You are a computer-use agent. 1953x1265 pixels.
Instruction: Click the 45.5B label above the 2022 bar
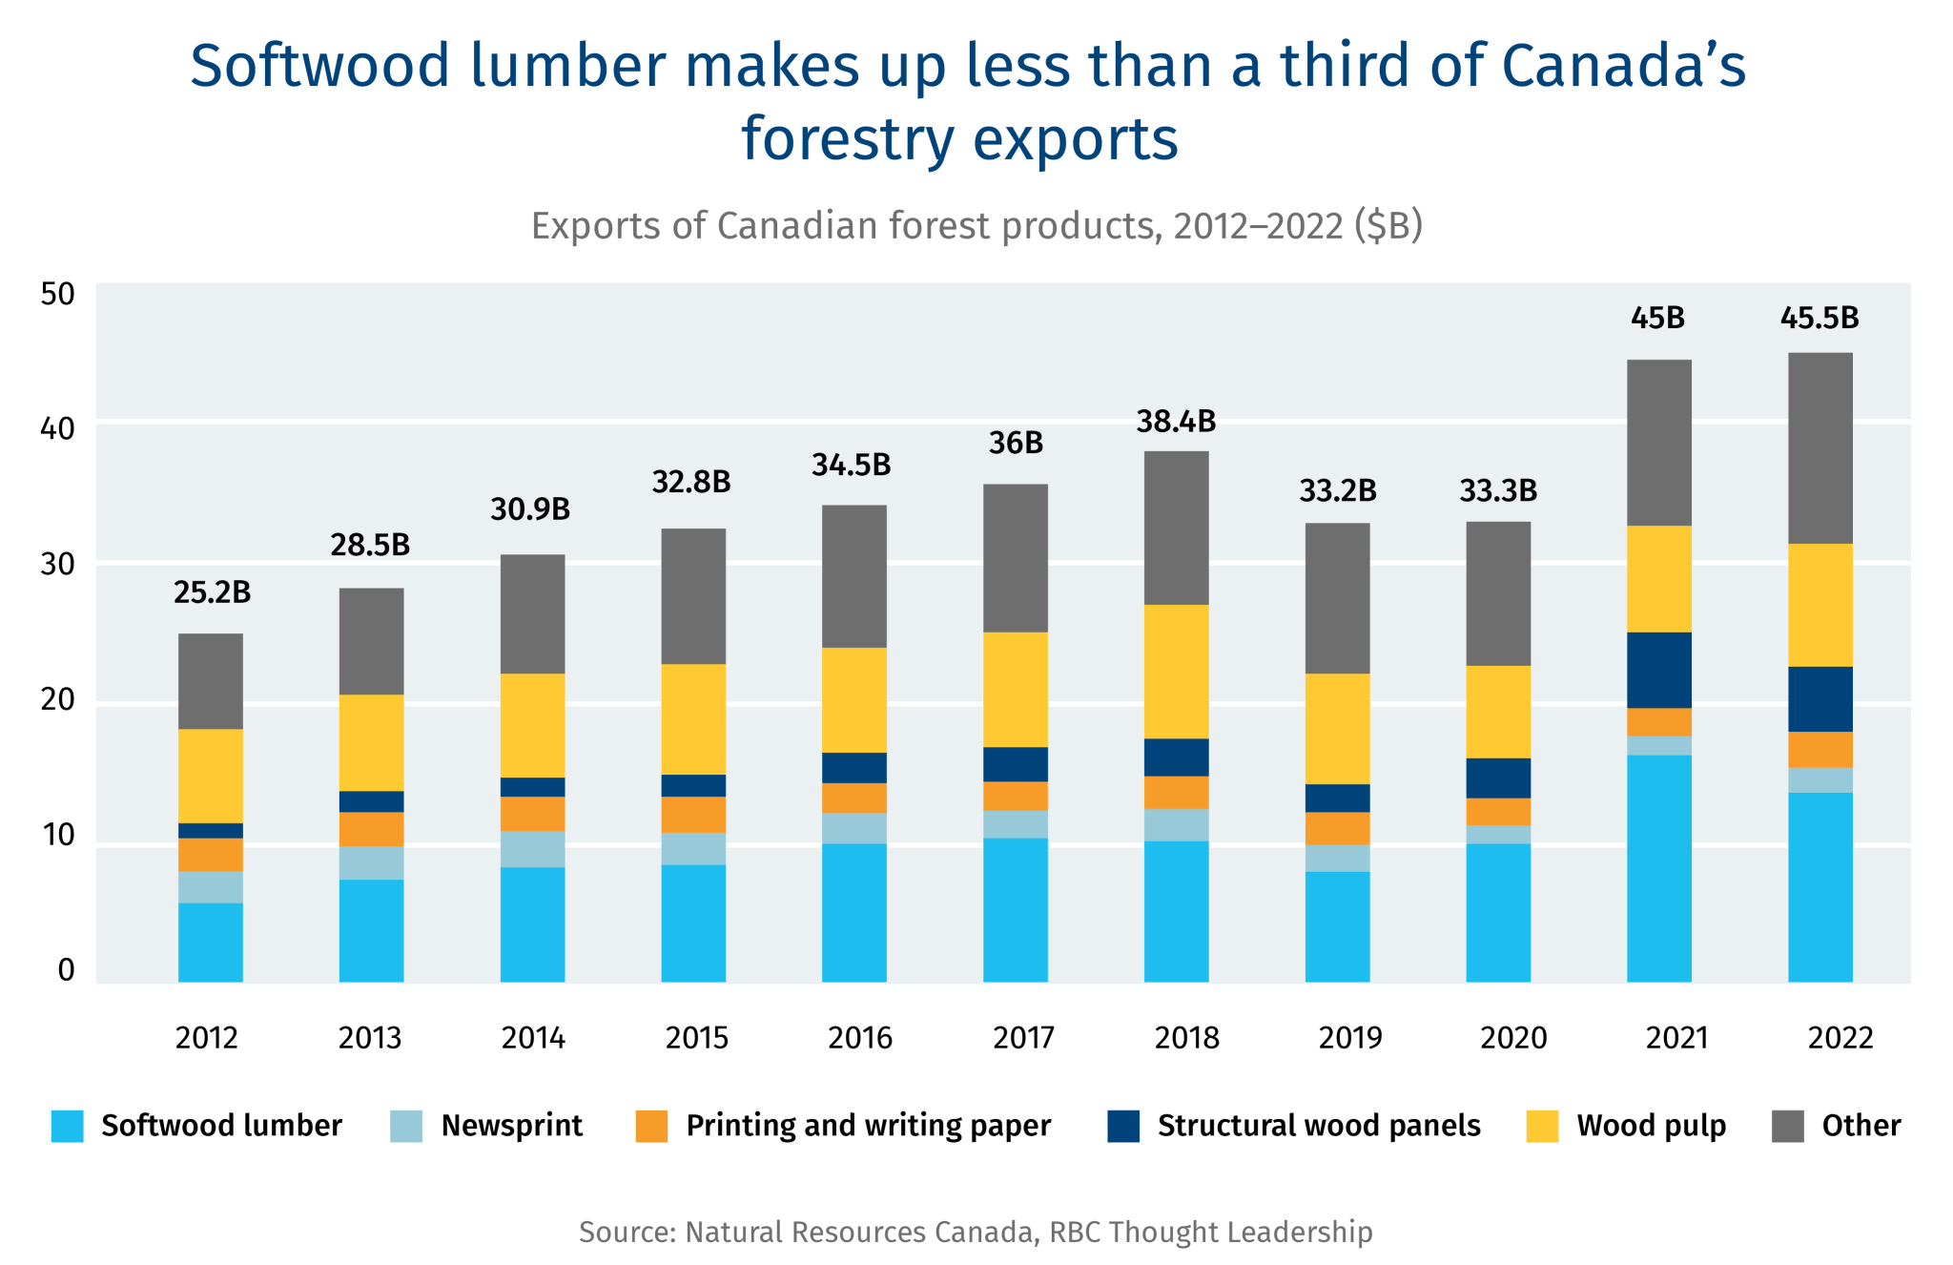1819,319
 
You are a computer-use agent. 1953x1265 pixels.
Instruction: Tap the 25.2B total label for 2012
212,593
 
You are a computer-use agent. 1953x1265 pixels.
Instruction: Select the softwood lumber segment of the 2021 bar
1658,868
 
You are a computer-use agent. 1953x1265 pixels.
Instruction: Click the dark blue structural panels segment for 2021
1658,670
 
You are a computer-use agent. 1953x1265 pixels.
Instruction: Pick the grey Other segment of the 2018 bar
1176,528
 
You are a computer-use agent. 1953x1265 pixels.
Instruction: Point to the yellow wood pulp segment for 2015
693,718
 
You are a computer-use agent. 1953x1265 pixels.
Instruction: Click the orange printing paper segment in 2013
371,829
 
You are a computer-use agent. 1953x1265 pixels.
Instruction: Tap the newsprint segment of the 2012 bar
211,887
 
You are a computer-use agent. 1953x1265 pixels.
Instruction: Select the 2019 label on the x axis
1349,1038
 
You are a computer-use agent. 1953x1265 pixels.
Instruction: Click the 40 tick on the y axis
58,428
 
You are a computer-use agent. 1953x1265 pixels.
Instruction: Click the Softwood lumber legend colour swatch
68,1126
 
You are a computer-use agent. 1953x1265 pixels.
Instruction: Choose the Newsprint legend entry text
511,1126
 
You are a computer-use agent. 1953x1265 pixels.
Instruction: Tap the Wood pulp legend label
1651,1126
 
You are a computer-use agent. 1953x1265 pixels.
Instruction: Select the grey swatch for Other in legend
1787,1126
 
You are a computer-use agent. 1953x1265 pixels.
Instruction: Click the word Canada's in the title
1623,67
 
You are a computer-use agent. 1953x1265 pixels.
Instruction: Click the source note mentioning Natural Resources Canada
976,1232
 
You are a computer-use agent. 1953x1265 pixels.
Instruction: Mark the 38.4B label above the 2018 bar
1176,422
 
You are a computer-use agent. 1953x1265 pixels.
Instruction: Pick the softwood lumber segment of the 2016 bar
853,913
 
